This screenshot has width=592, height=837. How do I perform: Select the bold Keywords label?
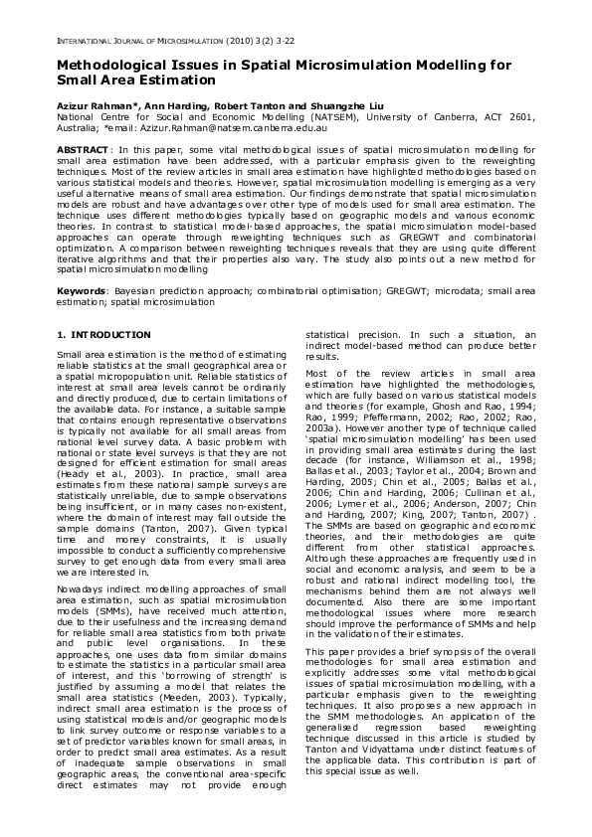[x=81, y=290]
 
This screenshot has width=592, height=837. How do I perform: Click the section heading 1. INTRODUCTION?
[x=103, y=336]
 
